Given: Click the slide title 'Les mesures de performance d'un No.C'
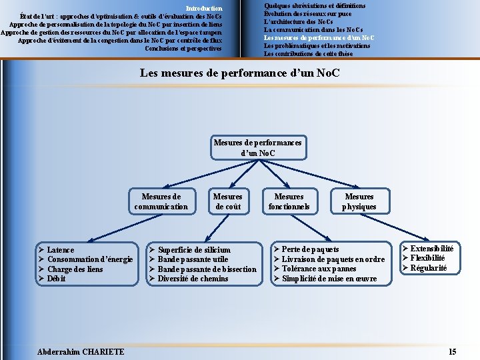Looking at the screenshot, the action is point(240,72).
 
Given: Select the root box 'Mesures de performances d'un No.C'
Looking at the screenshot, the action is point(257,148).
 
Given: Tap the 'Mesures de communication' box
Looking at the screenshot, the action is point(161,201).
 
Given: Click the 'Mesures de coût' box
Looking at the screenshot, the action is point(227,201).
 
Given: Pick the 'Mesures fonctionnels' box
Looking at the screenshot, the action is point(289,201).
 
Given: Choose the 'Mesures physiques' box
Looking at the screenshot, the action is point(359,201).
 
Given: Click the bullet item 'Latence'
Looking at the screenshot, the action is point(61,249).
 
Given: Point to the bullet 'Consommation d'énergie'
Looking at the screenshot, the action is point(91,259).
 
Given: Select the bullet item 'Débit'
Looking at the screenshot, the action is point(57,279).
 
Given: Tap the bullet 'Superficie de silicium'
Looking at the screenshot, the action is point(194,249).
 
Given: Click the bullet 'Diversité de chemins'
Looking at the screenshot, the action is point(193,279).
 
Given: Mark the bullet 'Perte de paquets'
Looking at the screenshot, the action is point(310,249).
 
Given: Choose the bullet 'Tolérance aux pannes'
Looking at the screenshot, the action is point(320,269).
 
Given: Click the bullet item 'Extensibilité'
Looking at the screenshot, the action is point(432,248).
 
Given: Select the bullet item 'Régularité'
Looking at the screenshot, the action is point(428,268).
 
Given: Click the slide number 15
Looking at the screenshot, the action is point(453,351).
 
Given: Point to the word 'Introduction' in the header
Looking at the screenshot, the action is point(204,8).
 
